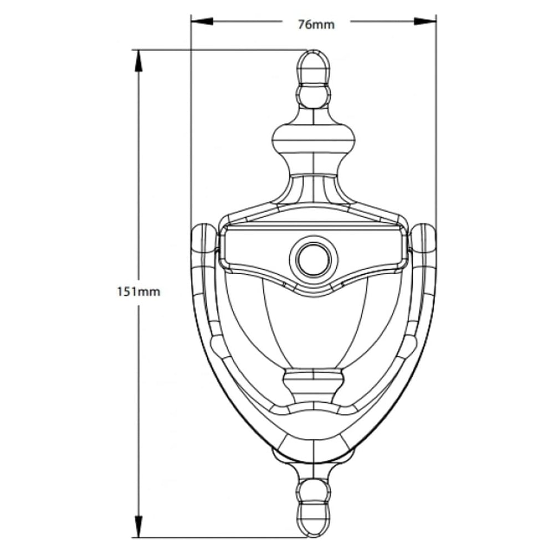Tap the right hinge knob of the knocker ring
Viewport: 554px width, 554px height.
tap(424, 238)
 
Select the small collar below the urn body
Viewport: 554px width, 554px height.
tap(314, 382)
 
